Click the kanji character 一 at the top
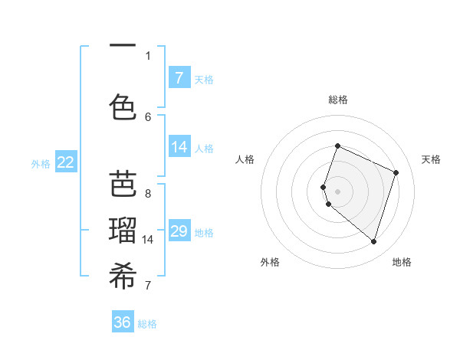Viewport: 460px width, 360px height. (x=123, y=47)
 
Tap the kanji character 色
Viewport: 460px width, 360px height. (x=123, y=107)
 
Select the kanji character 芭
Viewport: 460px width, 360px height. (x=123, y=185)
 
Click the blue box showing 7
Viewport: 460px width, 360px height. (x=179, y=77)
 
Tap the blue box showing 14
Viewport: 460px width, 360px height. (x=179, y=147)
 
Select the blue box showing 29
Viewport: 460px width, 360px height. (x=179, y=231)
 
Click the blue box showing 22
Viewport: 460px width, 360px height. (x=66, y=162)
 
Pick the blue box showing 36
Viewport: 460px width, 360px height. (x=123, y=322)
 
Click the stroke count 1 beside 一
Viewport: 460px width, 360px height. (x=148, y=55)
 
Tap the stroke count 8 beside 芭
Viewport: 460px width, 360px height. (x=148, y=193)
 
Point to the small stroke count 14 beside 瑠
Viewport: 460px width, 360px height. (x=148, y=240)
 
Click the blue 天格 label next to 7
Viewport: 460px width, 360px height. (x=204, y=79)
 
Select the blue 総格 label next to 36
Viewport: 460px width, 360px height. (x=147, y=324)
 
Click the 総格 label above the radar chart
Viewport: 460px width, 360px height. (x=337, y=100)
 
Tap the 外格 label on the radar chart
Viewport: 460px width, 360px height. (x=270, y=262)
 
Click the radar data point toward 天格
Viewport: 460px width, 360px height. (x=396, y=172)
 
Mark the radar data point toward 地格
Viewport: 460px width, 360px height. (x=373, y=242)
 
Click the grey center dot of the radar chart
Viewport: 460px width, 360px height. (x=337, y=190)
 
